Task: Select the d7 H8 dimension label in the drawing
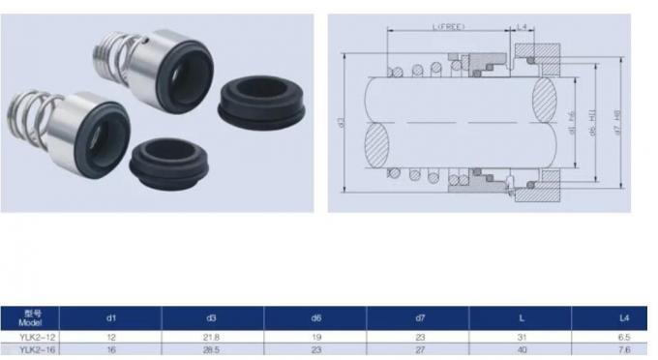coord(618,122)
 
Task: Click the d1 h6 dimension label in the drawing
coord(572,124)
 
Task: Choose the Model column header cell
coord(33,317)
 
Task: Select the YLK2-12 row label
coord(33,337)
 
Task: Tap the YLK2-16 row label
coord(33,351)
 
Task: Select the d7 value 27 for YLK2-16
coord(418,351)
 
